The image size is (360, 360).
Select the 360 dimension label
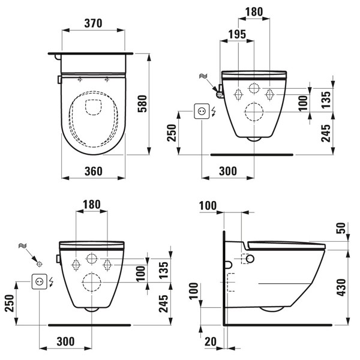pos(93,171)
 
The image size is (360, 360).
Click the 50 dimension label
pos(341,229)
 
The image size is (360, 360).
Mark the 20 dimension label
pos(209,341)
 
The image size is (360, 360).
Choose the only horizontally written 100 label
pos(208,206)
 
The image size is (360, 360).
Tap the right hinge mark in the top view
pos(107,79)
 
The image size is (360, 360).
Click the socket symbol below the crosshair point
pos(40,281)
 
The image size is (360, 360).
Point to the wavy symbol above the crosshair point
pos(23,246)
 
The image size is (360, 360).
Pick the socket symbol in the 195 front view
pos(202,112)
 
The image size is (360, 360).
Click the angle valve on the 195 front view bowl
pos(220,92)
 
